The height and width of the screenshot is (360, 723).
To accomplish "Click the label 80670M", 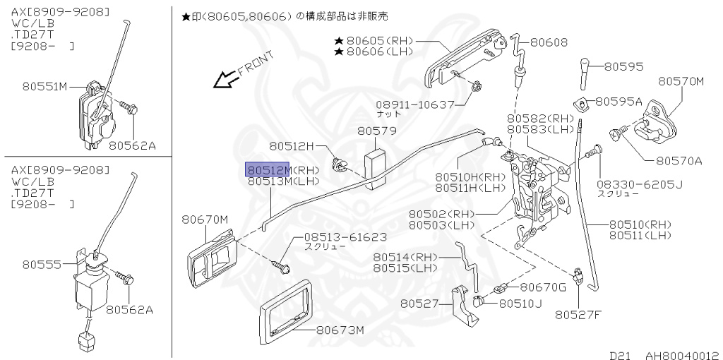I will click(x=205, y=220).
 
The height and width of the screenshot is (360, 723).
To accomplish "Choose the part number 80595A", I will click(x=619, y=102).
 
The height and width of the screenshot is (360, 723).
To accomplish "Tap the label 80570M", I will click(x=681, y=82).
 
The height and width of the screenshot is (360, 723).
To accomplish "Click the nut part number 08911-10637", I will click(x=415, y=104).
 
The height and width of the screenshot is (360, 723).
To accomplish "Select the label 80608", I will click(x=549, y=42).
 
